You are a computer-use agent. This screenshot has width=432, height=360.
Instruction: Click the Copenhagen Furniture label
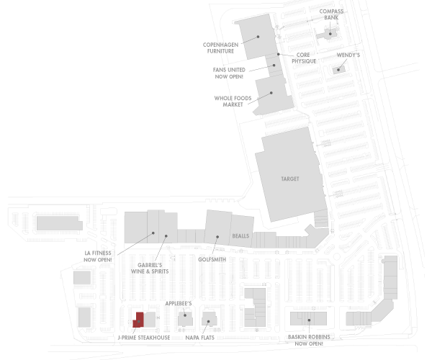pos(220,48)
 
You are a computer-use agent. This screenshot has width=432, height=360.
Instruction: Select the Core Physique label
pos(304,58)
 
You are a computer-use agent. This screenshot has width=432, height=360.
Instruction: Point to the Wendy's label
pos(349,55)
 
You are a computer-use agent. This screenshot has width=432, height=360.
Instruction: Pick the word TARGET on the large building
pos(289,179)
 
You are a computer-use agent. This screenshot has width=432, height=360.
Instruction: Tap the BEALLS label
pos(240,236)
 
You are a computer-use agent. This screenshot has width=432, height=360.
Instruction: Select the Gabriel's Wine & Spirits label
pos(154,268)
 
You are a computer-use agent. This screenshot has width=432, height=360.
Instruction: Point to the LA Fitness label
pos(98,256)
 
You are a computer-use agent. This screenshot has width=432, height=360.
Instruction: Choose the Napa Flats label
pos(199,337)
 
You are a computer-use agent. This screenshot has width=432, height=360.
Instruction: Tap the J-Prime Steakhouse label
pos(143,337)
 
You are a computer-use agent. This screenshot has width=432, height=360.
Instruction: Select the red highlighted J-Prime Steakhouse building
pos(138,320)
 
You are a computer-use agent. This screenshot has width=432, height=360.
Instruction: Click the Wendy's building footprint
pos(337,70)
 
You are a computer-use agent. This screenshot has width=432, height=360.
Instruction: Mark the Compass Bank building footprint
pos(329,34)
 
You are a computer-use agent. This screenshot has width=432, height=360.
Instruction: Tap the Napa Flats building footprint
pos(208,320)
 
